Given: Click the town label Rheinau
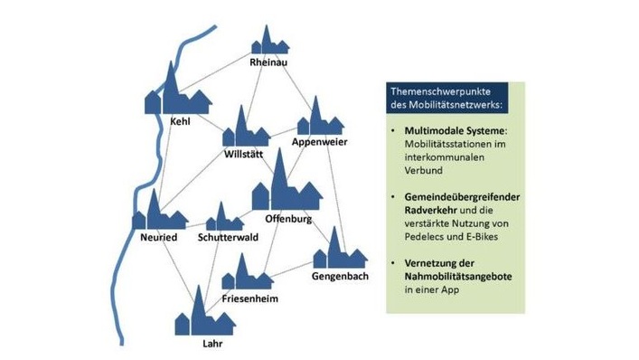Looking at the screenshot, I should (269, 62).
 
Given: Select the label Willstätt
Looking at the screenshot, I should (244, 156).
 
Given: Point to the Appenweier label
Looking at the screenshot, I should (314, 143).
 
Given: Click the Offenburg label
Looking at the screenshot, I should (288, 219).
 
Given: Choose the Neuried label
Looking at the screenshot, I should (158, 237).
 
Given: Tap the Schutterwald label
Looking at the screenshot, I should (224, 237).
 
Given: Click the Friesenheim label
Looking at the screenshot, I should (249, 298).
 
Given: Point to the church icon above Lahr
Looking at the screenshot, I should (202, 317).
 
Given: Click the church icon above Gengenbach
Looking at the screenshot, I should (335, 249).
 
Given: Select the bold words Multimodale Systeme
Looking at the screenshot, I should (441, 131).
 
